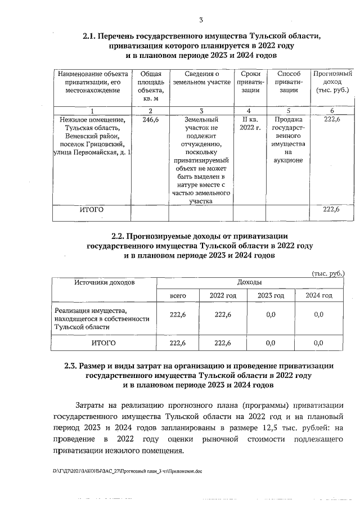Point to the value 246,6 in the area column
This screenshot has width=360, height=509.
[x=151, y=120]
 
